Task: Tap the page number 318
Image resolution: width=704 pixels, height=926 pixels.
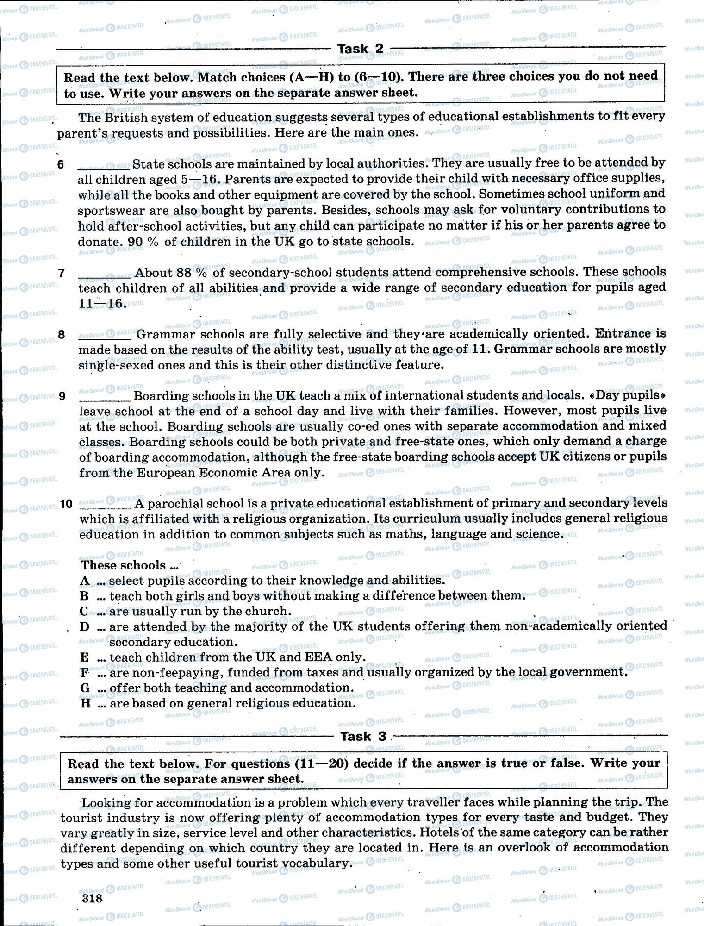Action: pyautogui.click(x=91, y=898)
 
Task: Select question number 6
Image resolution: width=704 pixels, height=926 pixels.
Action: pyautogui.click(x=61, y=164)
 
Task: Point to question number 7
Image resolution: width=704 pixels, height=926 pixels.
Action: pyautogui.click(x=61, y=273)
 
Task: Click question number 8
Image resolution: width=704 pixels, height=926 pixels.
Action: pyautogui.click(x=62, y=334)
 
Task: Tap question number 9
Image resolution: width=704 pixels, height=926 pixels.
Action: pyautogui.click(x=62, y=396)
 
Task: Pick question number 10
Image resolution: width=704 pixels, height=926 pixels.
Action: pyautogui.click(x=66, y=504)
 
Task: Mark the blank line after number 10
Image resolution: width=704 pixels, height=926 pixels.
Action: pyautogui.click(x=106, y=506)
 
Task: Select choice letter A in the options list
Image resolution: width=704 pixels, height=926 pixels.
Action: pyautogui.click(x=84, y=580)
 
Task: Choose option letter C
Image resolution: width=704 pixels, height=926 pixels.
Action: pyautogui.click(x=84, y=611)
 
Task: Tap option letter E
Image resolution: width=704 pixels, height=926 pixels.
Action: pyautogui.click(x=84, y=657)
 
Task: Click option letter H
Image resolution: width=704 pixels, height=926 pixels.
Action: pyautogui.click(x=85, y=703)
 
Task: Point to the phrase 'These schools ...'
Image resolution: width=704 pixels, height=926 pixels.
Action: pyautogui.click(x=130, y=565)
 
